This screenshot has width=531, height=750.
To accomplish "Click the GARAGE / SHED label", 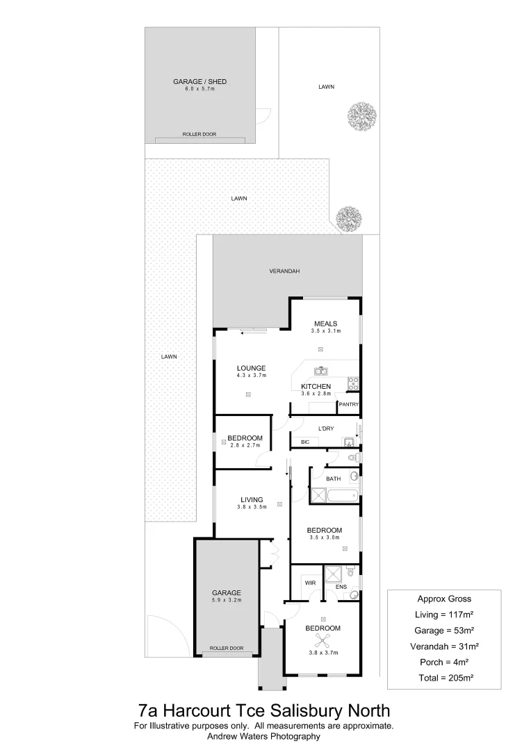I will coord(199,82).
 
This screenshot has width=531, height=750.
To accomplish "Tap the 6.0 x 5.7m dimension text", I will coord(199,90).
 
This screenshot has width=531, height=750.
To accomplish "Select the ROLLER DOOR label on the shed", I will coord(199,134).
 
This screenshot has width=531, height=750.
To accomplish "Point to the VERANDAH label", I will coord(284,272).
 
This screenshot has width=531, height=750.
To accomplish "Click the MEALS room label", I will coord(325,324).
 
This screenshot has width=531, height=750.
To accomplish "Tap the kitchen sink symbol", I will coord(320,371).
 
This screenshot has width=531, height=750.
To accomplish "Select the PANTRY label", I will coord(348,404).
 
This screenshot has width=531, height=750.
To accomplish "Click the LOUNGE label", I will coord(251,368).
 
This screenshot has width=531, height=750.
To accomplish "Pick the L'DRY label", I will coord(326,428).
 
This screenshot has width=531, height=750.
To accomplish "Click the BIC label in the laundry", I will coord(304,442).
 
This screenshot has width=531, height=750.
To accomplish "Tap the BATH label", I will coord(333,479).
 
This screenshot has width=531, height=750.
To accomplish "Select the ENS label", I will coord(341,587).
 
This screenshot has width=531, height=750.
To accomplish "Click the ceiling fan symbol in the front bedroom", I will coord(323,640).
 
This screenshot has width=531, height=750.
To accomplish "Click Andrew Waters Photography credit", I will coord(263,736).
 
